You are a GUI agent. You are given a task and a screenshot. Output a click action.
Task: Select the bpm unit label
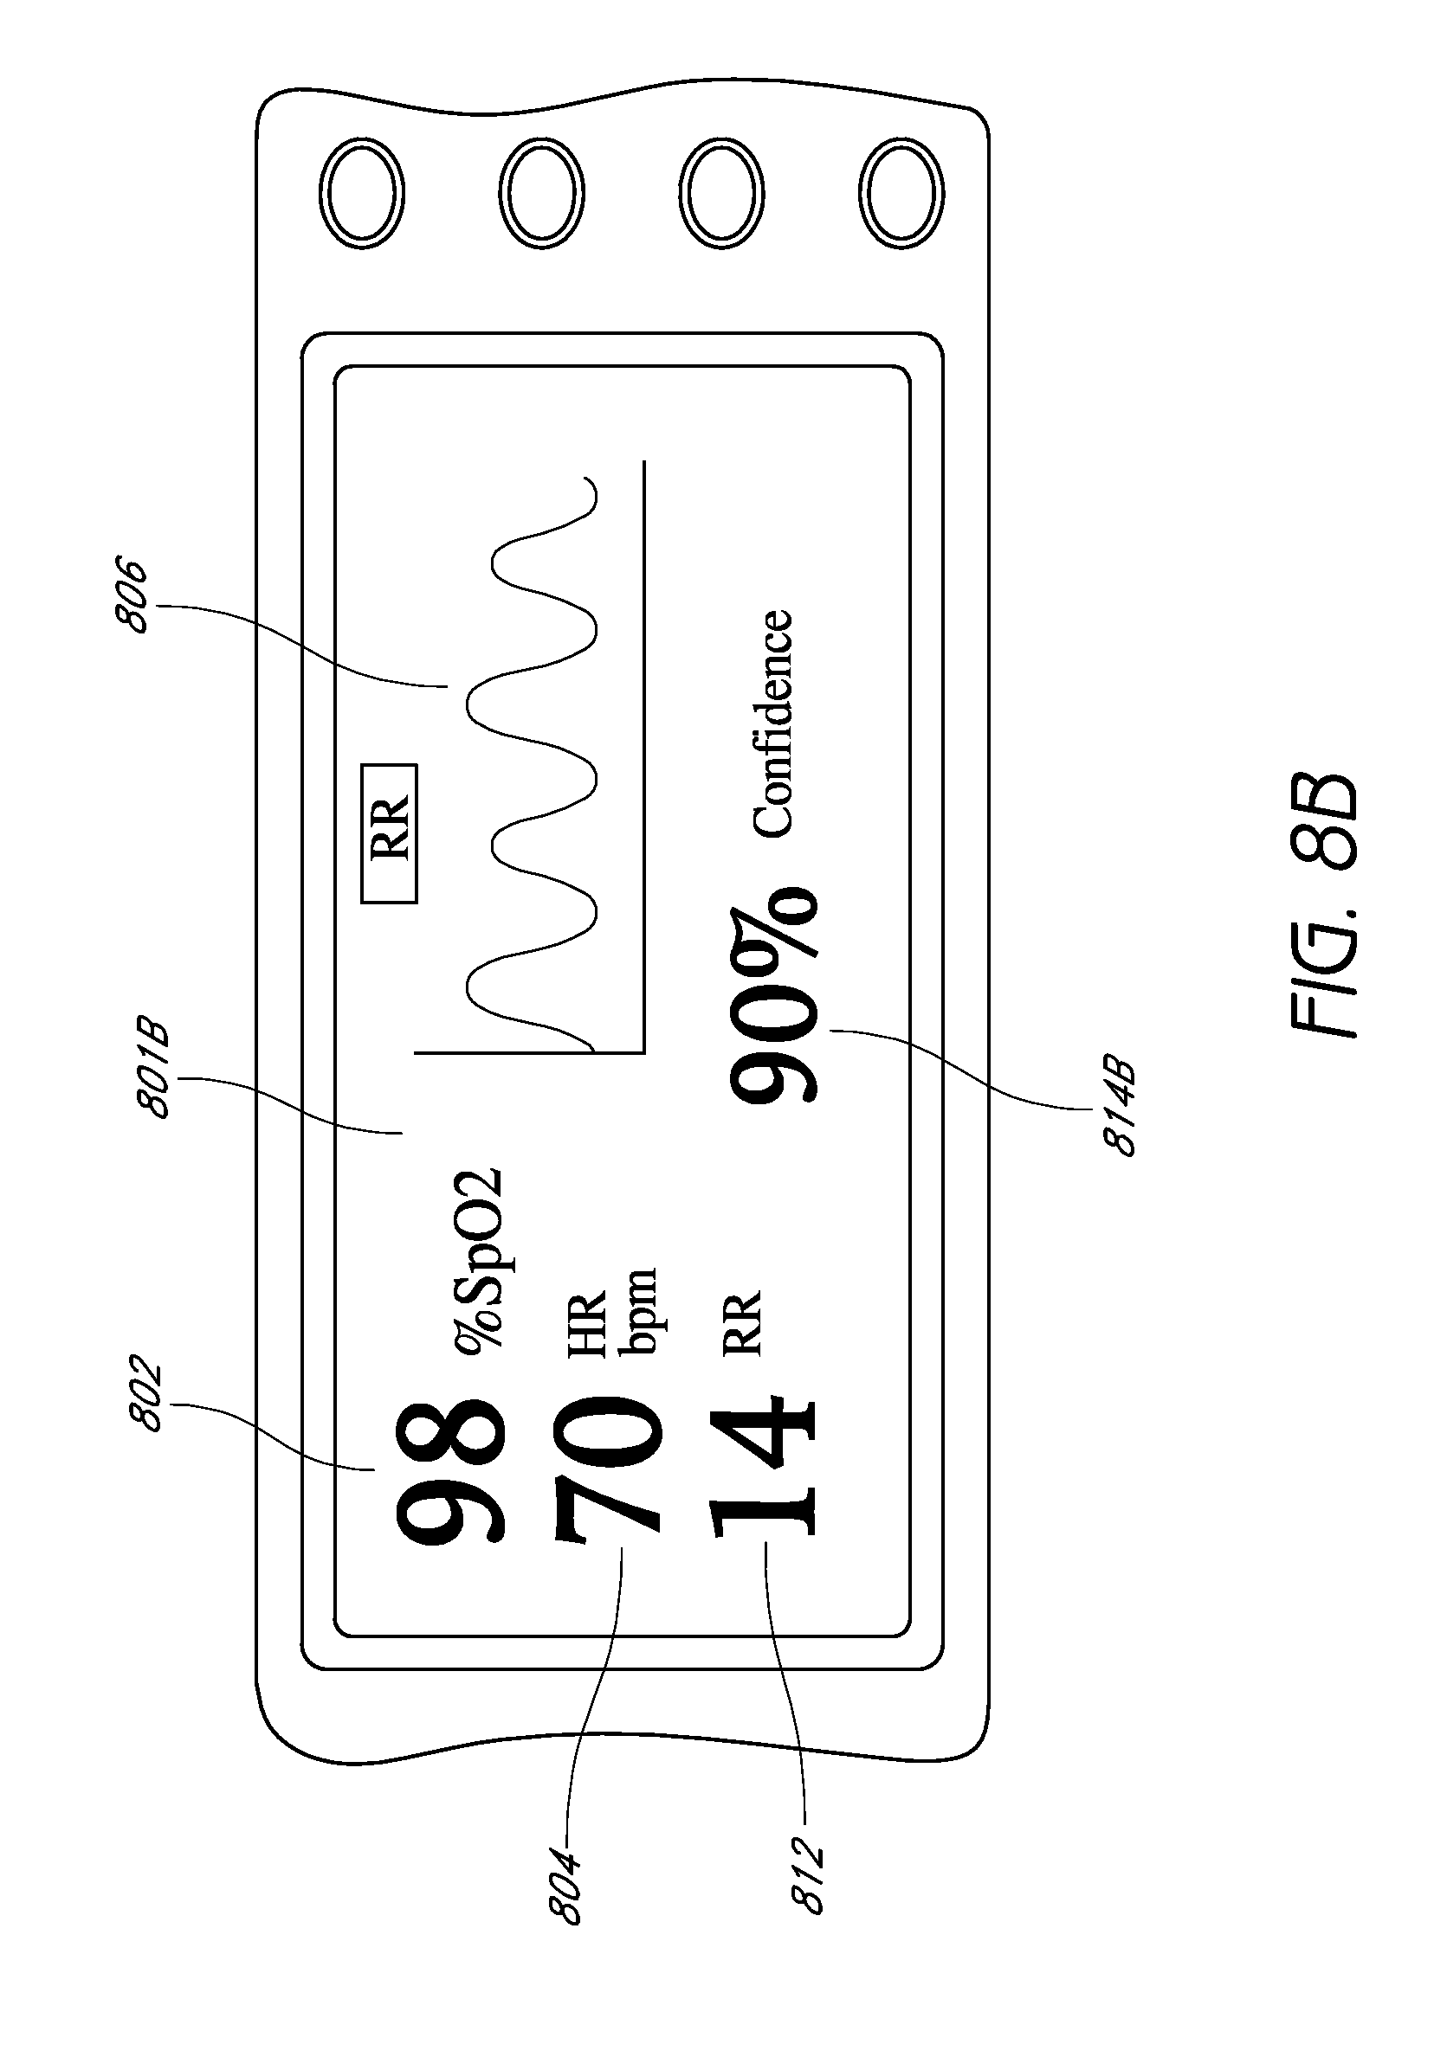click(640, 1311)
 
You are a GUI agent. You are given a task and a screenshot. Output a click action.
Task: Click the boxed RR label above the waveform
click(389, 833)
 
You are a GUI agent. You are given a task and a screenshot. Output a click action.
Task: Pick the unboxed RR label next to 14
click(742, 1321)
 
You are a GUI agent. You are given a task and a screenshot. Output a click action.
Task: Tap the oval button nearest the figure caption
click(901, 193)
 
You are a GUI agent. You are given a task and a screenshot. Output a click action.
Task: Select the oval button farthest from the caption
click(361, 193)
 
